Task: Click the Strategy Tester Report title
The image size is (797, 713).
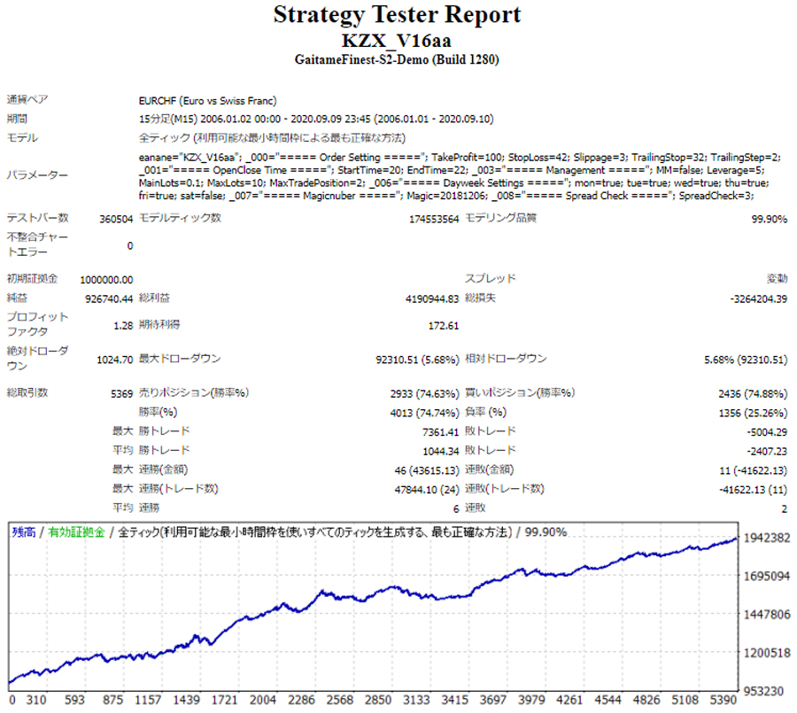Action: (x=397, y=15)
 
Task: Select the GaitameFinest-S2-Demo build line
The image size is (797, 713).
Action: (x=397, y=59)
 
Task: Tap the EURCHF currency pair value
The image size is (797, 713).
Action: (x=205, y=100)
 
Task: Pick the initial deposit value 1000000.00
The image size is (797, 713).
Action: (x=106, y=279)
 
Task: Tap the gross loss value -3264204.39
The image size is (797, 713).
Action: (x=757, y=298)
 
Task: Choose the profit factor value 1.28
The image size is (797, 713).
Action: (x=123, y=325)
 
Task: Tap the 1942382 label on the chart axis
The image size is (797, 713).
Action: (x=767, y=538)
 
